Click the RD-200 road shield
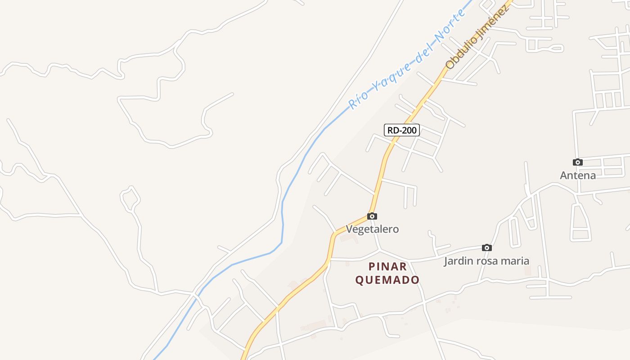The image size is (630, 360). point(402,130)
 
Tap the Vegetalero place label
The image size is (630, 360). point(372,229)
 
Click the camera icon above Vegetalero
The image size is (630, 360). point(372,216)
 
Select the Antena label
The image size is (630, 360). point(578,175)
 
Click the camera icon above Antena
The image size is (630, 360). point(578,162)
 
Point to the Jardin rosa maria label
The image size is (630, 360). point(486,261)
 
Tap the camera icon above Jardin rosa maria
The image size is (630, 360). point(486,248)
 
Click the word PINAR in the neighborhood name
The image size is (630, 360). point(387,266)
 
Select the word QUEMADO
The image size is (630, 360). point(387,280)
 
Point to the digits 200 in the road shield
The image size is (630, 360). point(409,130)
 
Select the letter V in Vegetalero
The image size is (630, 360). point(349,229)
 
